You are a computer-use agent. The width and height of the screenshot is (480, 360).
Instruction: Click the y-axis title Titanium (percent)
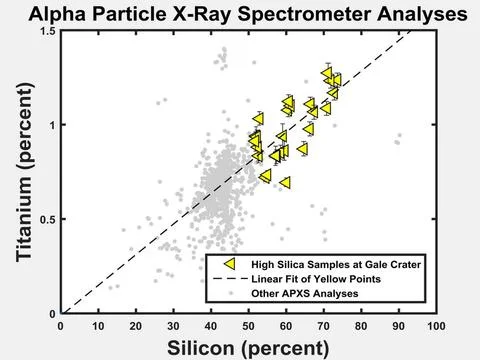pyautogui.click(x=20, y=172)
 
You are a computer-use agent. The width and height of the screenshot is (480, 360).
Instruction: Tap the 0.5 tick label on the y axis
pyautogui.click(x=46, y=219)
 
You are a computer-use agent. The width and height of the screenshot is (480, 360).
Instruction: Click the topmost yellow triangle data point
pyautogui.click(x=327, y=73)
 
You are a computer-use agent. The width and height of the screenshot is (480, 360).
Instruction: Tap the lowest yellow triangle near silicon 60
pyautogui.click(x=285, y=183)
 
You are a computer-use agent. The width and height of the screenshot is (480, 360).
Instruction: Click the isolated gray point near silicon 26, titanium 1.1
pyautogui.click(x=158, y=101)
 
